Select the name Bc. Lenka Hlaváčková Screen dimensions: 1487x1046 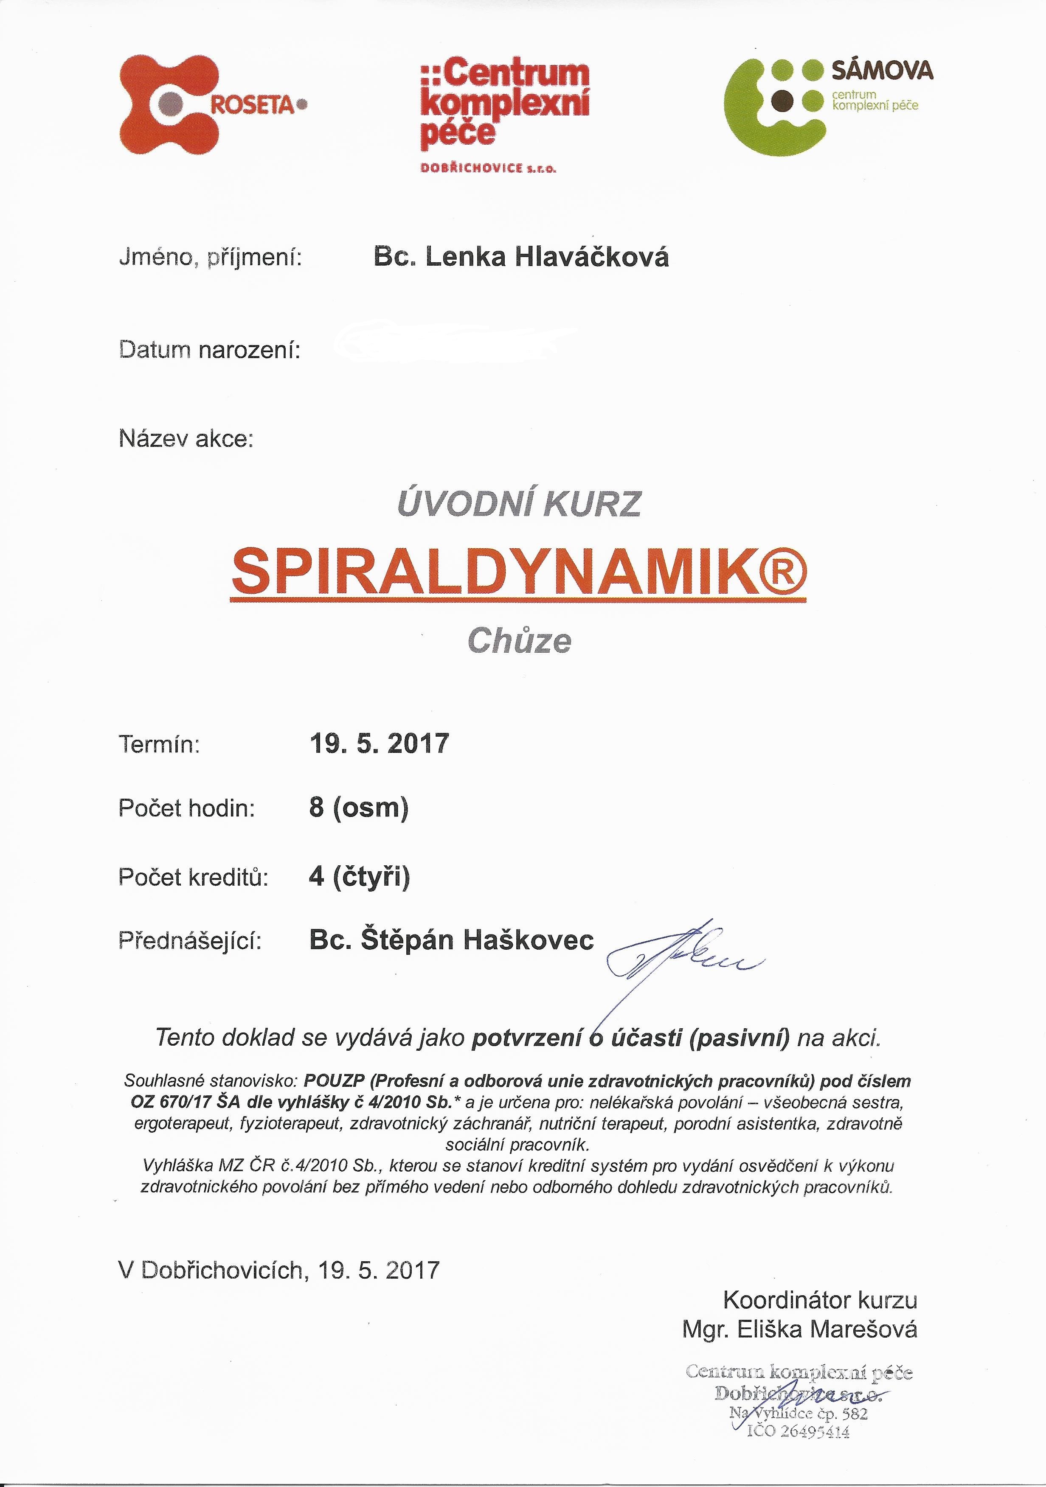coord(521,258)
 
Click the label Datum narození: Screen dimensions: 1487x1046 coord(209,351)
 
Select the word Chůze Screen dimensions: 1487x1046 coord(520,641)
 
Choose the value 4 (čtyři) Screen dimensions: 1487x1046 coord(360,876)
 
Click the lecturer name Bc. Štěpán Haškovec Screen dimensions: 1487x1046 coord(451,940)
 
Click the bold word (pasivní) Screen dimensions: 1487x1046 coord(740,1038)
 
